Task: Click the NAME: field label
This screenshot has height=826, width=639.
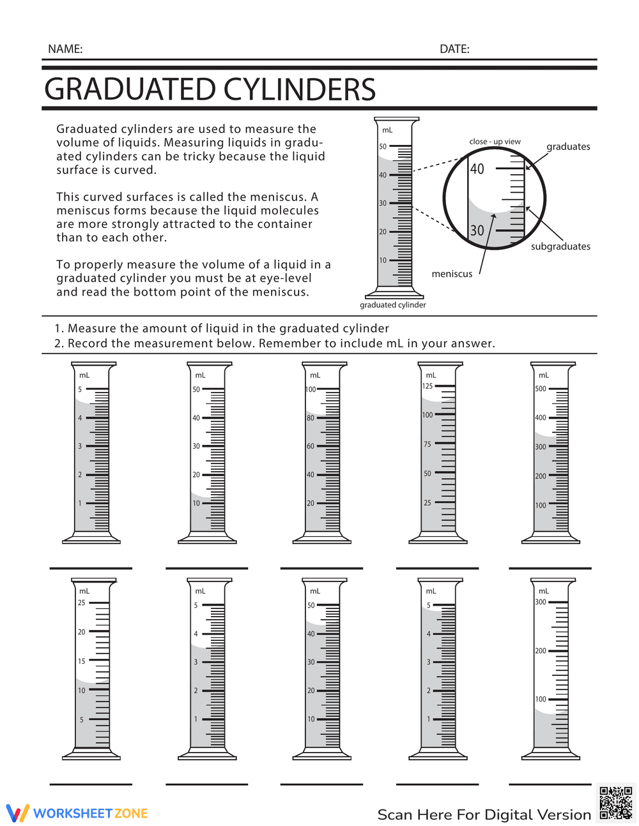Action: (x=65, y=49)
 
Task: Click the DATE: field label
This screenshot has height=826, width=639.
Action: (x=454, y=49)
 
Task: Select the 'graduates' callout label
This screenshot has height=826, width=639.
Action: (x=568, y=147)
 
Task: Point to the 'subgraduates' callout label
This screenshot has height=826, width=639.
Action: (x=560, y=246)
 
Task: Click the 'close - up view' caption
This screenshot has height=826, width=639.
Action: (x=495, y=142)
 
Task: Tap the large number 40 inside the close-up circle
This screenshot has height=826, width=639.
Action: (x=477, y=169)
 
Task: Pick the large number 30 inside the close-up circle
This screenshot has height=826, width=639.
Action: (x=477, y=230)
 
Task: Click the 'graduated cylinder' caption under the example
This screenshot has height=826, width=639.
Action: (x=392, y=305)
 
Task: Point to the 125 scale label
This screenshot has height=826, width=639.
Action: (x=427, y=386)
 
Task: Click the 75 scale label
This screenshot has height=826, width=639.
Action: (x=427, y=444)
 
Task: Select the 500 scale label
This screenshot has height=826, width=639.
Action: (x=541, y=389)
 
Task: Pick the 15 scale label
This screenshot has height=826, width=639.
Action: (x=81, y=661)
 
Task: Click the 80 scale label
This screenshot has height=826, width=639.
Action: (x=311, y=418)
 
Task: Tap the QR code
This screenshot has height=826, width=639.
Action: (x=616, y=803)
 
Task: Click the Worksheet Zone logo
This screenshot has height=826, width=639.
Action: (x=77, y=813)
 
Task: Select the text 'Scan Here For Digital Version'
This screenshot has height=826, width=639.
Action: (x=484, y=815)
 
